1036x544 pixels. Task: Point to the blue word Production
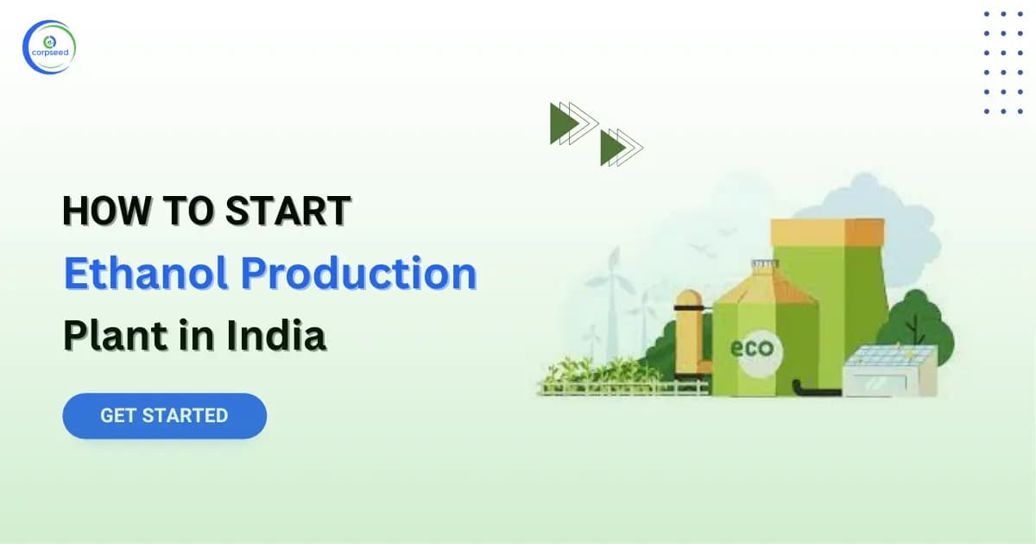(357, 274)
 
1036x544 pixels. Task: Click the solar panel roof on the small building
(890, 357)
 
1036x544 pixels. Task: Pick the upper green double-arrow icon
(572, 123)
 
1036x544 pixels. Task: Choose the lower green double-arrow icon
(622, 147)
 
